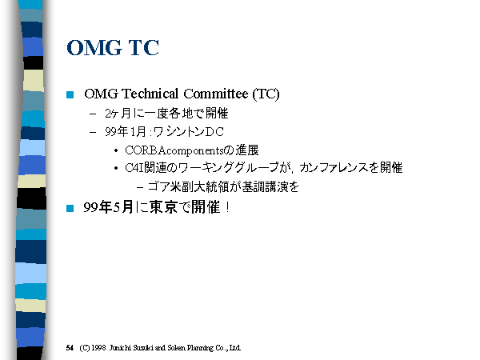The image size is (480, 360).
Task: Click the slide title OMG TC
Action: [113, 48]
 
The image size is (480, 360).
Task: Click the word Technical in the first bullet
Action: [150, 94]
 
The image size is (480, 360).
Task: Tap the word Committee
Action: [216, 94]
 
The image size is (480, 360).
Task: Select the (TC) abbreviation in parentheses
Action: [266, 94]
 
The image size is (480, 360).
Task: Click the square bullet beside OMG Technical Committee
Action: [70, 94]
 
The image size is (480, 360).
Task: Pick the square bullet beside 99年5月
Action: [70, 208]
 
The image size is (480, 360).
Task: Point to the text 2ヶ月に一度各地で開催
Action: [166, 114]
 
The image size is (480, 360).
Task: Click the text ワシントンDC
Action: [188, 132]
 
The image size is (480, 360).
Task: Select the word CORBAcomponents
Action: [174, 150]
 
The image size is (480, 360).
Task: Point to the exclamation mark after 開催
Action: [227, 207]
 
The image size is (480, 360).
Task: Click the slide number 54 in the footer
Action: [70, 348]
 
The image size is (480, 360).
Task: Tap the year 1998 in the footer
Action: [98, 348]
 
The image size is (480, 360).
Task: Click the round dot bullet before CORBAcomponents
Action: [116, 150]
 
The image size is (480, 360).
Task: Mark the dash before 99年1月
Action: [93, 132]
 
